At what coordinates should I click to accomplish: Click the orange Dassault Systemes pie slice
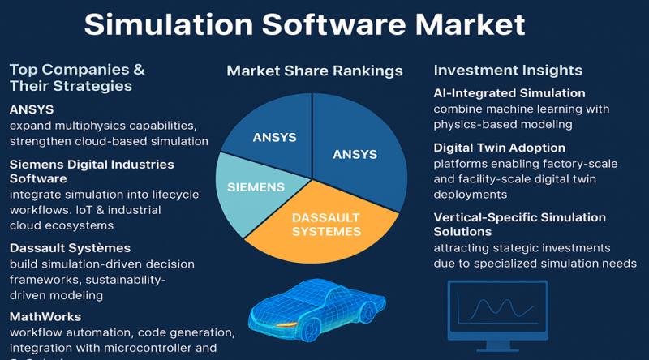click(324, 225)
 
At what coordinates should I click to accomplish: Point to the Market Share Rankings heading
click(315, 71)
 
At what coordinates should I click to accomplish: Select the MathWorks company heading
click(45, 316)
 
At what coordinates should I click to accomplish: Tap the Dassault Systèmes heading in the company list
click(70, 247)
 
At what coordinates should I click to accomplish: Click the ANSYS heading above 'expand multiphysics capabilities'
click(32, 109)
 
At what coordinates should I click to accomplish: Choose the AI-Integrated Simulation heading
click(509, 93)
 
